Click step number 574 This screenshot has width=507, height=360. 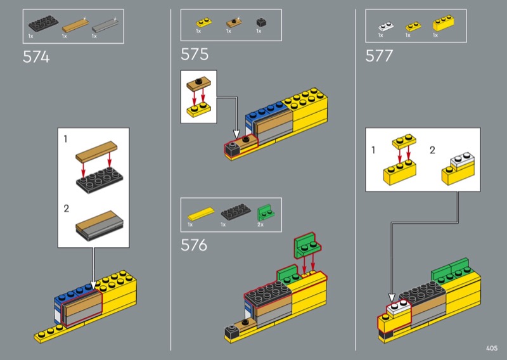pyautogui.click(x=36, y=57)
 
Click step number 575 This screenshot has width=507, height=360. pyautogui.click(x=195, y=54)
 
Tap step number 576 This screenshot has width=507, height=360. pyautogui.click(x=194, y=245)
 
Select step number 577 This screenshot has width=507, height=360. pyautogui.click(x=379, y=56)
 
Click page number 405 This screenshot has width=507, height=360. pyautogui.click(x=492, y=348)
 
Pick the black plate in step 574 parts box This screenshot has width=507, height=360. pyautogui.click(x=43, y=23)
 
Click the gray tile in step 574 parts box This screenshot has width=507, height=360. pyautogui.click(x=105, y=25)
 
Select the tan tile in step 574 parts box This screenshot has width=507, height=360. pyautogui.click(x=75, y=25)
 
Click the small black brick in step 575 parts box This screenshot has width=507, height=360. pyautogui.click(x=261, y=22)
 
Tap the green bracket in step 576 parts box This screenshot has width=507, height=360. pyautogui.click(x=266, y=213)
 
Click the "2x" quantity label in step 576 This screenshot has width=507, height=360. pyautogui.click(x=260, y=224)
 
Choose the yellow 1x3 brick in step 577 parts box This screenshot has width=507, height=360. pyautogui.click(x=443, y=23)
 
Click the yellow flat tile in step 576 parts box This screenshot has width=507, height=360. pyautogui.click(x=201, y=214)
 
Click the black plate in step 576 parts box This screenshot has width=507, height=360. pyautogui.click(x=236, y=212)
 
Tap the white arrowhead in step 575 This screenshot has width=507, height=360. pyautogui.click(x=236, y=134)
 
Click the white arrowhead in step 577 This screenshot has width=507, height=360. pyautogui.click(x=392, y=298)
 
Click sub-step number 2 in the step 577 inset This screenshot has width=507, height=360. pyautogui.click(x=432, y=150)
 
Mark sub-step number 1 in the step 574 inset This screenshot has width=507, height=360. pyautogui.click(x=66, y=139)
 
